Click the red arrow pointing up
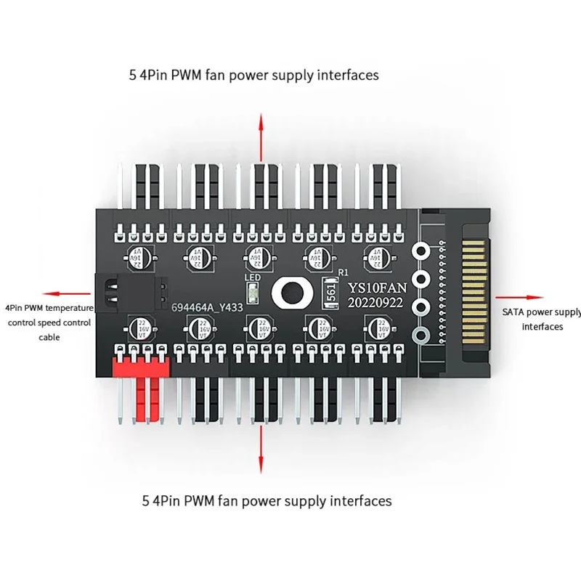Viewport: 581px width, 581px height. tap(259, 138)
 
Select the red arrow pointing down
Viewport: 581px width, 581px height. tap(260, 450)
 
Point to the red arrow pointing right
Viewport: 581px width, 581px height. tap(519, 296)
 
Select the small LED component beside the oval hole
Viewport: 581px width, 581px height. tap(252, 293)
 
